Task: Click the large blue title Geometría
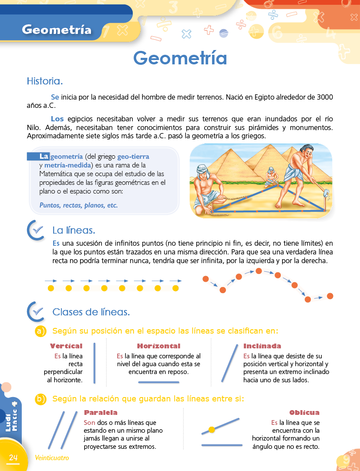coord(180,58)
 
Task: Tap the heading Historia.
coord(45,81)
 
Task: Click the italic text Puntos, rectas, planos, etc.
coord(78,205)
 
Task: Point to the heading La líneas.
coord(74,230)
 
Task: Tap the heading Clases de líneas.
coord(91,312)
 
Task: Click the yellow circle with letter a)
coord(40,331)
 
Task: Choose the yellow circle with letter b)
coord(40,399)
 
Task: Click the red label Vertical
coord(66,346)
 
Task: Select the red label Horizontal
coord(158,346)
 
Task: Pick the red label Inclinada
coord(262,346)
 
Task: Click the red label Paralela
coord(101,412)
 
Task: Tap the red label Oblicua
coord(304,412)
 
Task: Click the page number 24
coord(13,457)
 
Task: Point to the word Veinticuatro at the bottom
coord(52,458)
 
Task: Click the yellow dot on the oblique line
coord(212,430)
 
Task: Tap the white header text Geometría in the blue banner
coord(57,30)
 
